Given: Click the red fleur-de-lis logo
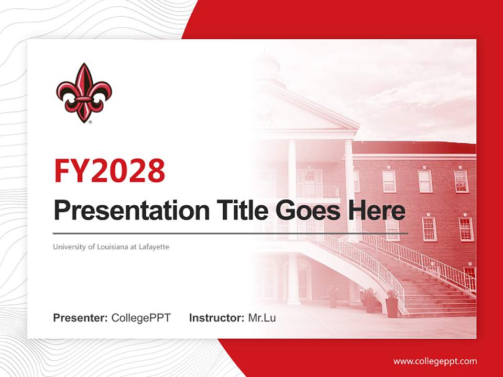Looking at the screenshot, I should (84, 93).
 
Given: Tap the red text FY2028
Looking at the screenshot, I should (109, 171).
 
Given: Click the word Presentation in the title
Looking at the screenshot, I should (124, 211).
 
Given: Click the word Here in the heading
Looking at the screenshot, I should (376, 210).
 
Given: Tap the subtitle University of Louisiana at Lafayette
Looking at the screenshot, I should (111, 246).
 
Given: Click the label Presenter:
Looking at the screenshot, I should (81, 318).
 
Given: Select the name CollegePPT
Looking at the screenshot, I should (141, 318).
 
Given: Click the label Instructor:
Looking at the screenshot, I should (216, 318).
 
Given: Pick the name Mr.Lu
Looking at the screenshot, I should (261, 318).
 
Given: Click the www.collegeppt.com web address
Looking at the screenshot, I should (435, 361).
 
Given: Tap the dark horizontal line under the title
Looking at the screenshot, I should (231, 233).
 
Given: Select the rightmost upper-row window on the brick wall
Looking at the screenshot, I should (461, 181).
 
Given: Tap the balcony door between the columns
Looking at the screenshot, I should (310, 183).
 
